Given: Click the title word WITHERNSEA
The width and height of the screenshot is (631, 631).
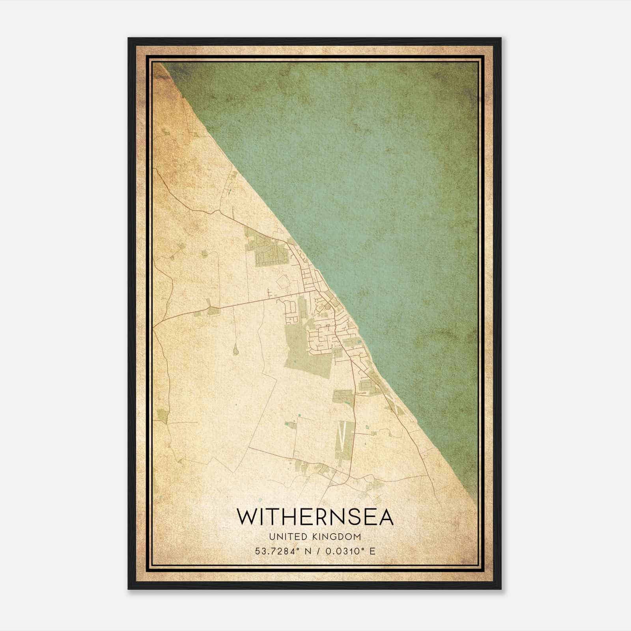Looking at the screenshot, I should click(x=315, y=517).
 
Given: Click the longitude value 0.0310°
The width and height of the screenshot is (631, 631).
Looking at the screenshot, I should click(x=343, y=551).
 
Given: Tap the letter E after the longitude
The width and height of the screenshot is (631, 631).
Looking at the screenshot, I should click(x=372, y=551).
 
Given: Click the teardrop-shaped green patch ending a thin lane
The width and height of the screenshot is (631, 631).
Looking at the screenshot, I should click(x=235, y=349).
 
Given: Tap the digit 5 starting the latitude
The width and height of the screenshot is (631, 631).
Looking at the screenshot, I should click(x=258, y=551).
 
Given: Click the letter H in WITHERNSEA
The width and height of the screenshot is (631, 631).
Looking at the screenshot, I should click(x=291, y=517).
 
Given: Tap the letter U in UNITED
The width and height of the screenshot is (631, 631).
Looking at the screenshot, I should click(x=272, y=537).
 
